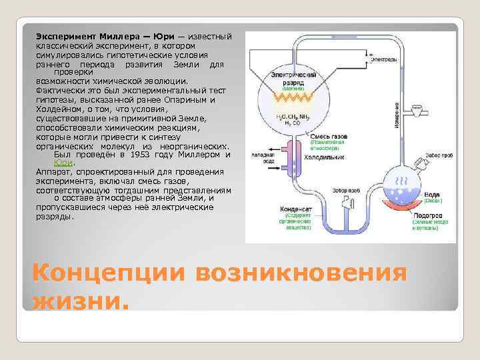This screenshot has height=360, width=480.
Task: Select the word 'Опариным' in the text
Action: (187, 99)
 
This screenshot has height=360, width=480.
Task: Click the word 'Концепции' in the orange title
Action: (108, 273)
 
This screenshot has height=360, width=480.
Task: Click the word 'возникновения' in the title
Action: (299, 273)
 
